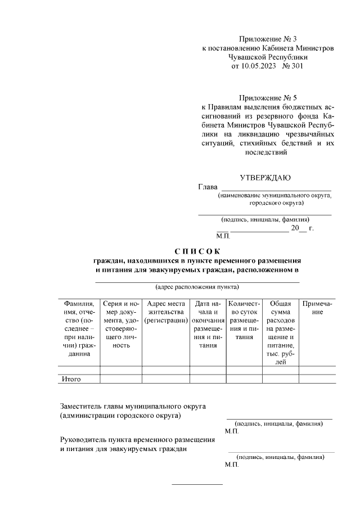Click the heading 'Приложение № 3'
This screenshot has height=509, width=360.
[x=268, y=39]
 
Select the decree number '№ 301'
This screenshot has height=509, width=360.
[x=292, y=66]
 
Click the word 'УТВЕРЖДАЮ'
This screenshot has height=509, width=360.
[x=265, y=178]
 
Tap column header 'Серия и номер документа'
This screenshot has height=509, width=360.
[x=121, y=325]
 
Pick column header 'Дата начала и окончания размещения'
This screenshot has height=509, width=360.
[x=207, y=325]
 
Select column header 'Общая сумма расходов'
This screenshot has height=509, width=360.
[x=280, y=332]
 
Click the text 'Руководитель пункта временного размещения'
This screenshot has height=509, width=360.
[x=138, y=439]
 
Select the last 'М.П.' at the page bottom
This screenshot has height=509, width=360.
[x=232, y=465]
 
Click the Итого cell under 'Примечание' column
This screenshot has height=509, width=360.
[x=317, y=379]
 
